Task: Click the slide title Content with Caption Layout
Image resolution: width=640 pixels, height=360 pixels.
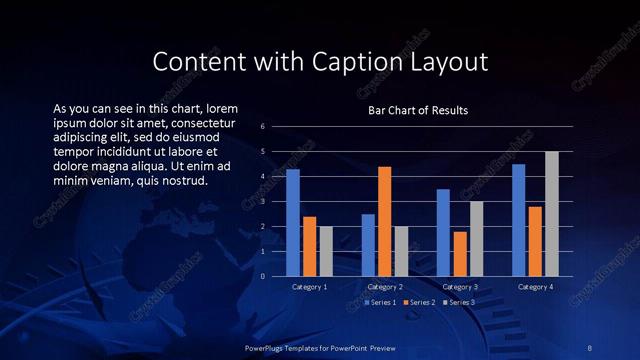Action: coord(320,62)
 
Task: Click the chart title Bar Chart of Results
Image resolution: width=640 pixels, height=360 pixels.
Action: coord(418,110)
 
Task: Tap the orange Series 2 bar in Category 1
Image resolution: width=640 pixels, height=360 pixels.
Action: coord(310,246)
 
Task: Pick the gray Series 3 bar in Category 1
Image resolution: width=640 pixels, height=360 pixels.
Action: coord(326,251)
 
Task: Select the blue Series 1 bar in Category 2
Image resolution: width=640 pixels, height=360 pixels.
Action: coord(368,245)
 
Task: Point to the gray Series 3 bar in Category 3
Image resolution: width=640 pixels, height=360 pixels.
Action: coord(477,239)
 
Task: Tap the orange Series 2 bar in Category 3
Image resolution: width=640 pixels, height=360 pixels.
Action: coord(460,254)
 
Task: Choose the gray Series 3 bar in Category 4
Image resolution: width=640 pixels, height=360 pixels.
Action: coord(552,214)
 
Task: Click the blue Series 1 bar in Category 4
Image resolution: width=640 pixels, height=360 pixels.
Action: coord(518,220)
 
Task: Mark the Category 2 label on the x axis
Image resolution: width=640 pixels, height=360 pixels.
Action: coord(385,287)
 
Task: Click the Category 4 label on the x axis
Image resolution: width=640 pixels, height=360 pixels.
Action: coord(535,287)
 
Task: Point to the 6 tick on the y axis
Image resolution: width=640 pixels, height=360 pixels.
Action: coord(262,127)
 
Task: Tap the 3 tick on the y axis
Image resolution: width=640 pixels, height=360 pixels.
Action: coord(262,202)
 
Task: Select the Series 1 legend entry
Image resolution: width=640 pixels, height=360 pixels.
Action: coord(381,302)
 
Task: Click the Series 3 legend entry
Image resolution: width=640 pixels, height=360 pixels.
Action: coord(459,302)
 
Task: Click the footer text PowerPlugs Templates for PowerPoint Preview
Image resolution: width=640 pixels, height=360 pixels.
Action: coord(320,347)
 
